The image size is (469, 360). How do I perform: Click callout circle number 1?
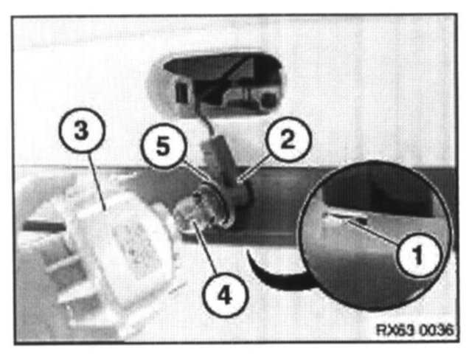click(419, 255)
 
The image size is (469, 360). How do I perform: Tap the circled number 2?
click(288, 139)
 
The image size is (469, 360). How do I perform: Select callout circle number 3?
click(82, 131)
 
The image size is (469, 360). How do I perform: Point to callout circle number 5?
click(163, 146)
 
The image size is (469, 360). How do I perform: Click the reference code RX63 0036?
click(414, 330)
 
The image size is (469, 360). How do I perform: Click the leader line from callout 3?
click(97, 181)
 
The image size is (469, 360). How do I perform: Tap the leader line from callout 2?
click(254, 168)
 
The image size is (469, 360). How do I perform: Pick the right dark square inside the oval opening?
click(267, 100)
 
